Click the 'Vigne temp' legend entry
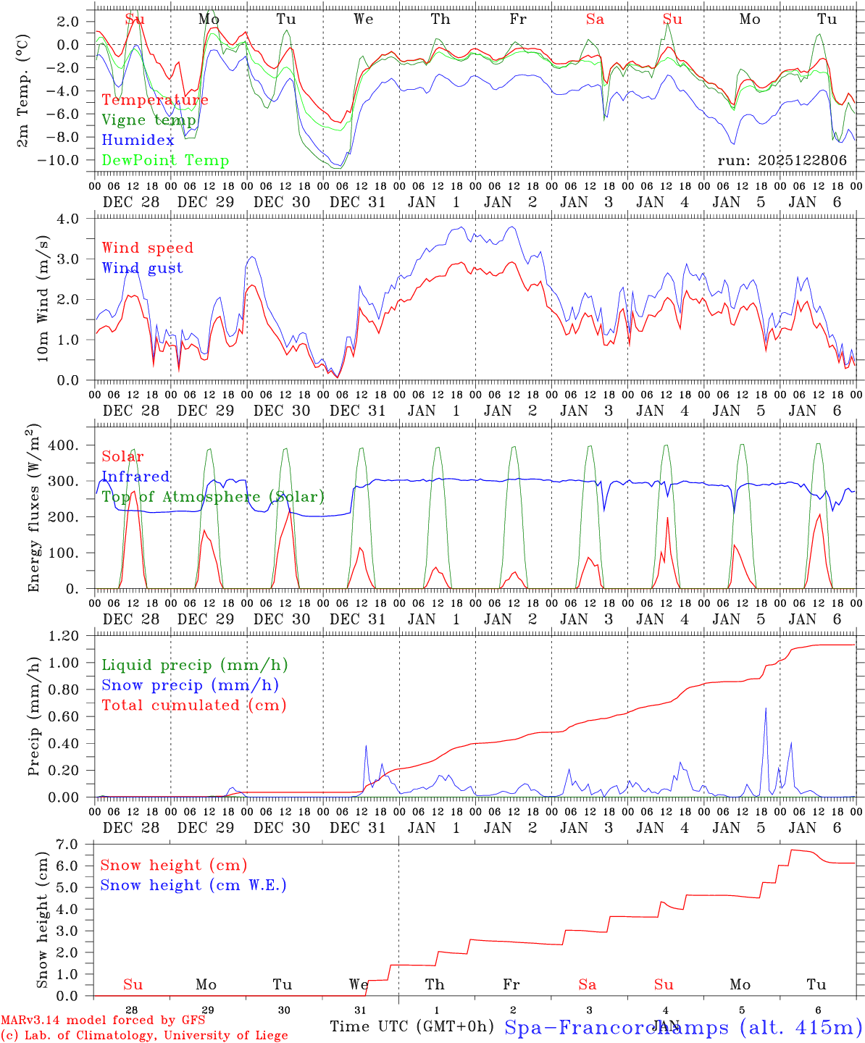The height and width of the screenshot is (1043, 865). [x=149, y=120]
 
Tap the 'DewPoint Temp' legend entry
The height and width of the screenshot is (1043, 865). [x=165, y=161]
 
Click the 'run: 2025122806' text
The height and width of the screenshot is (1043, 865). [x=782, y=161]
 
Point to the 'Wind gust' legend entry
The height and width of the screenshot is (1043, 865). [x=143, y=268]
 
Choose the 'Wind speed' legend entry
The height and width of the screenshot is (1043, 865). [x=148, y=248]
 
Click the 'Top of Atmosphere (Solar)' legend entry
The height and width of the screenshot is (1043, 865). [x=213, y=497]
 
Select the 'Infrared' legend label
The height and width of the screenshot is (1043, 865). [x=135, y=477]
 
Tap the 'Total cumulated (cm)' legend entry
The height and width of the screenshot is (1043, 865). [x=194, y=705]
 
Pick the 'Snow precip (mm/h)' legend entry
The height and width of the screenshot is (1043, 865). [x=191, y=685]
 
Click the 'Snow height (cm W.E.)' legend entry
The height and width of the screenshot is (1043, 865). [x=193, y=885]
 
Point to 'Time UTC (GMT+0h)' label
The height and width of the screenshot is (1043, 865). [x=411, y=1026]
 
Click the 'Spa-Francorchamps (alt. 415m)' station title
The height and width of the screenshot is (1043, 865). [x=682, y=1027]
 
